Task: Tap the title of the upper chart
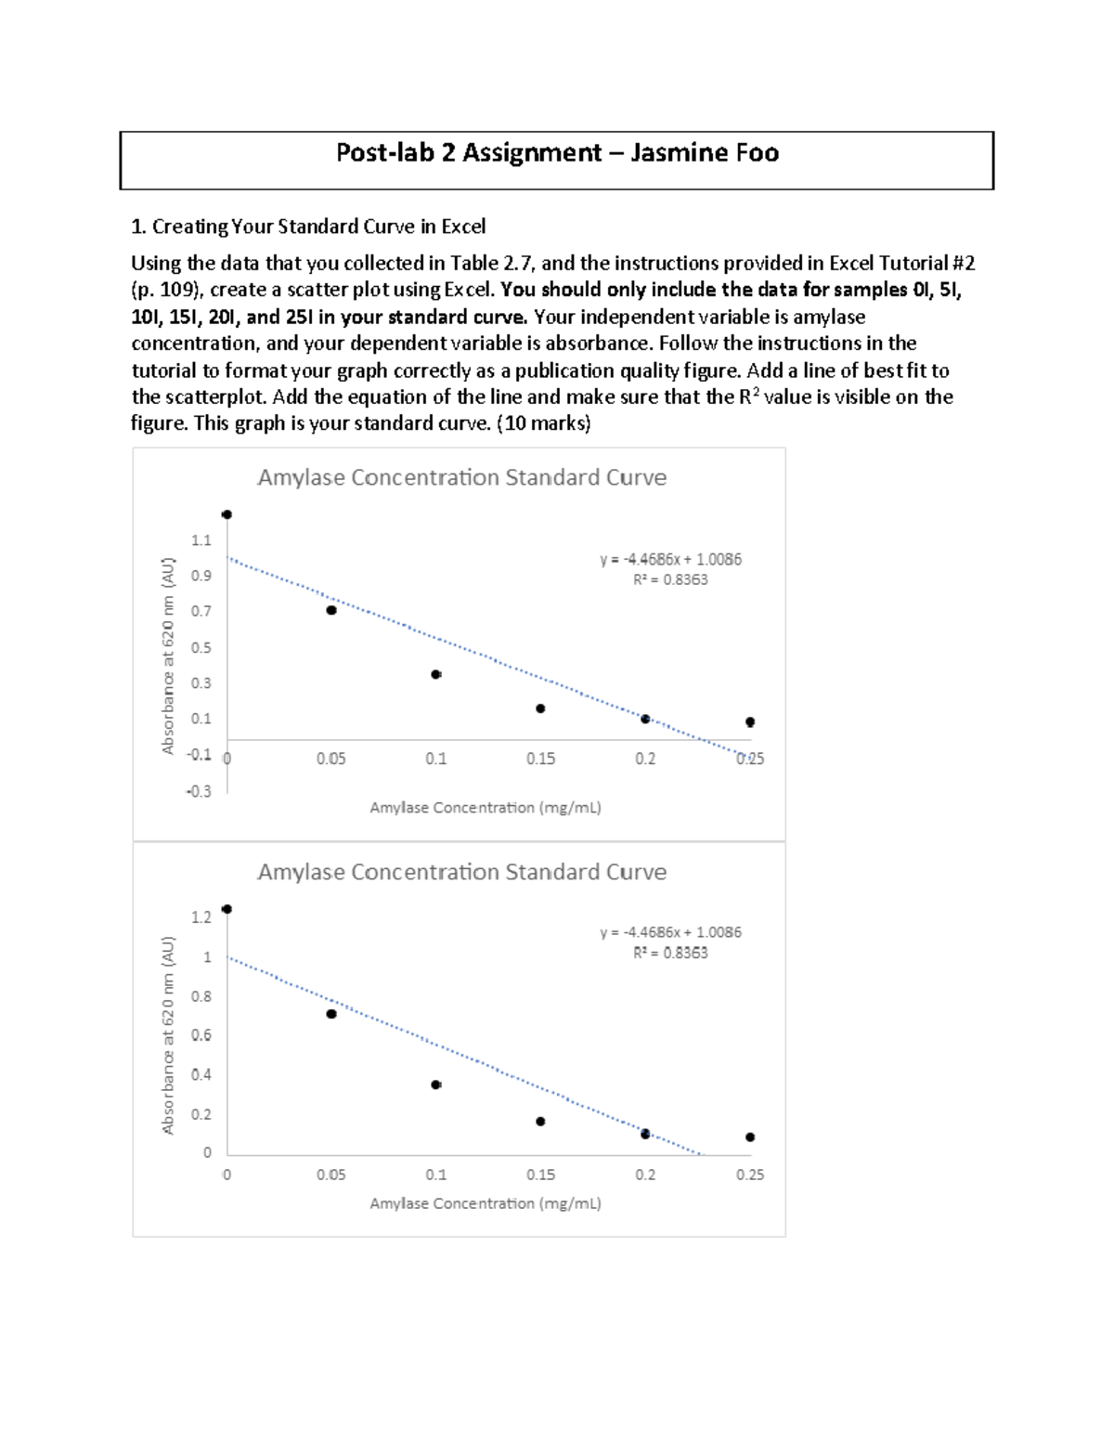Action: [461, 477]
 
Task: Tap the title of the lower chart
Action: [461, 872]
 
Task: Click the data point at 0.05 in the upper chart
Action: [331, 610]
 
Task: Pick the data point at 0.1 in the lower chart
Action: [436, 1085]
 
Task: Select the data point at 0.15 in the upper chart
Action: [540, 708]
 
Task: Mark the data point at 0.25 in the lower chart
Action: [750, 1137]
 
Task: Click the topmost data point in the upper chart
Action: [227, 514]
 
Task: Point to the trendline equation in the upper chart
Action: [670, 559]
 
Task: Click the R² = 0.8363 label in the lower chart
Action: [670, 953]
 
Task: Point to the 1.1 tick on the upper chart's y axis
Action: [201, 540]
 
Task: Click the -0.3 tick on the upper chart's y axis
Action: [199, 791]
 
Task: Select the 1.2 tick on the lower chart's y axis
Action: [201, 917]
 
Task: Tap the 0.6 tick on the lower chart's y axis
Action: [201, 1034]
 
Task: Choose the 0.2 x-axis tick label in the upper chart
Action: [645, 759]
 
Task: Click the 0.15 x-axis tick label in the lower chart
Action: [540, 1175]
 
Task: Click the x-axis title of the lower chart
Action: [486, 1203]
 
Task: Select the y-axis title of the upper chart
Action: [168, 656]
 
